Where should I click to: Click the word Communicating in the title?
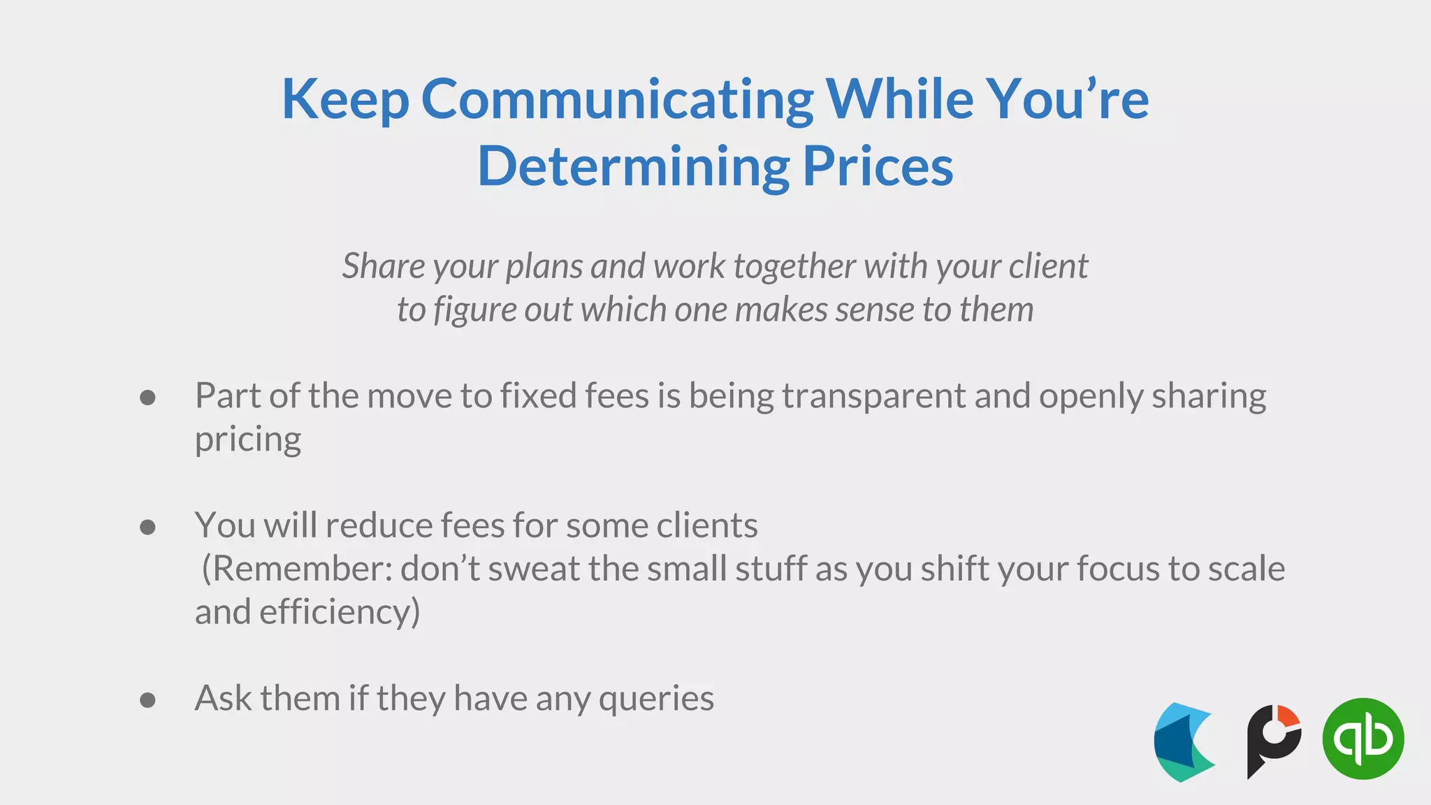617,100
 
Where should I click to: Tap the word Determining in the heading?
633,167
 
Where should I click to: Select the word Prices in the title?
878,167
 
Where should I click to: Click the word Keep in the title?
345,100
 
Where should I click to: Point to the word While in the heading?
900,100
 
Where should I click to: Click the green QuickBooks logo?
1363,739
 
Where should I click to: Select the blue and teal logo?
1184,742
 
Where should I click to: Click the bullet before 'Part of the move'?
147,398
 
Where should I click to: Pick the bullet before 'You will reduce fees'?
147,527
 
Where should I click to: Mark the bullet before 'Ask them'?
147,699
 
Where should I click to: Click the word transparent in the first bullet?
873,396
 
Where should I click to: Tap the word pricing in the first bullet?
248,440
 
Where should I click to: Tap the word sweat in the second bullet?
533,569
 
